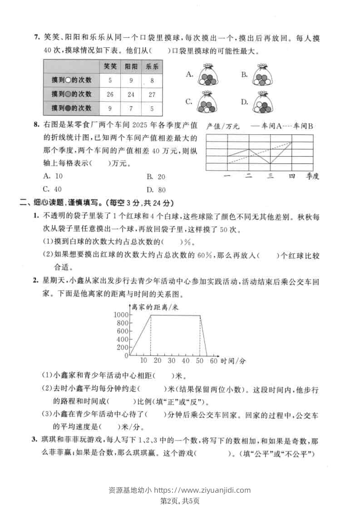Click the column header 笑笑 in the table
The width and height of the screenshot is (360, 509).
tap(110, 66)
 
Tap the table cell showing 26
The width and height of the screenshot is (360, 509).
tap(110, 94)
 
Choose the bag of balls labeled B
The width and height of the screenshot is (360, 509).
tap(262, 75)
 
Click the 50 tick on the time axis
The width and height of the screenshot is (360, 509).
tap(200, 361)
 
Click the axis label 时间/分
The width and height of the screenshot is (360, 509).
tap(233, 361)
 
